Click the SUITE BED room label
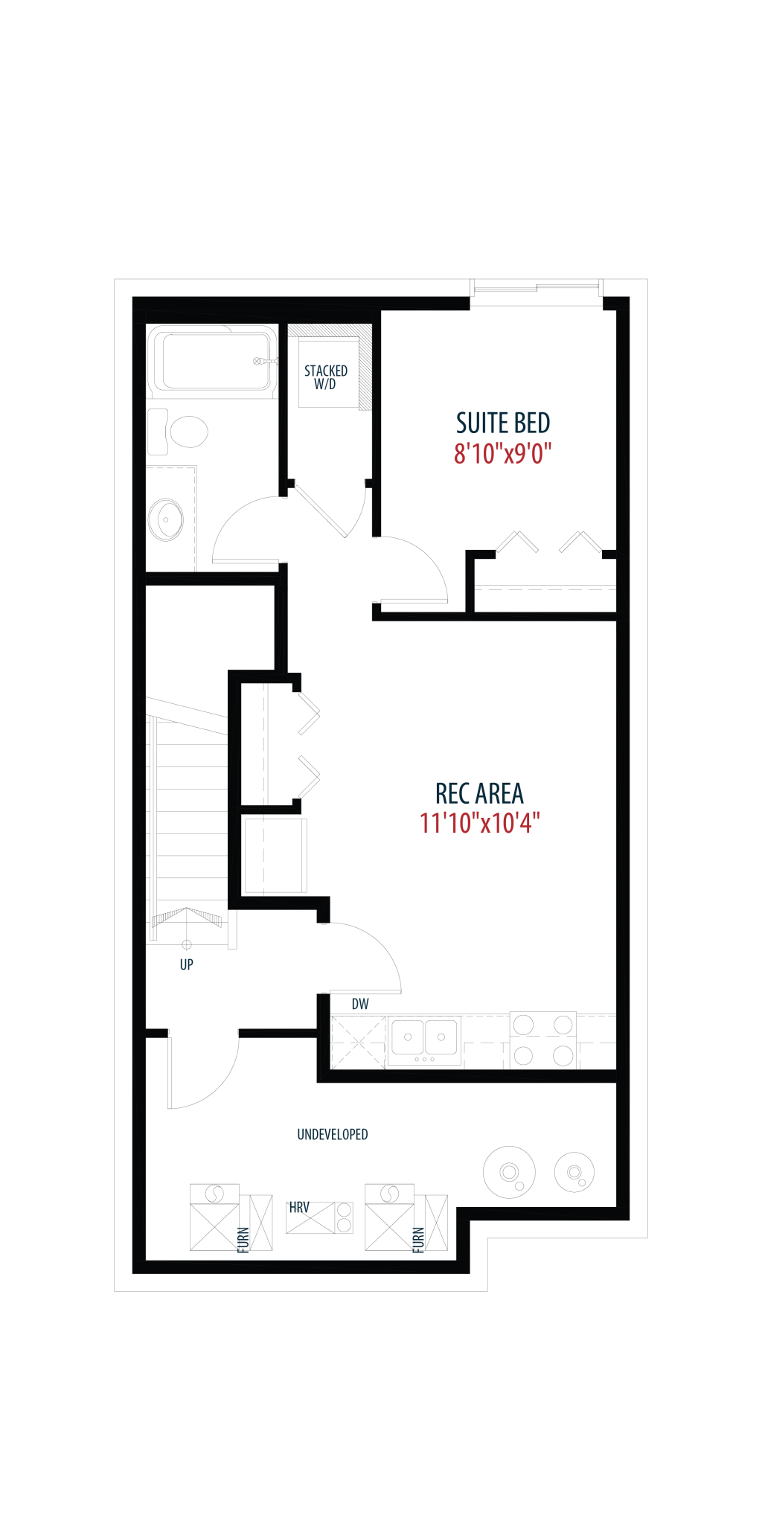tap(503, 423)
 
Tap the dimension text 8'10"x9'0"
tap(503, 452)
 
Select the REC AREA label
tap(479, 793)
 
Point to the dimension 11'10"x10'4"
tap(479, 823)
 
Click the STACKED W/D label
tap(326, 377)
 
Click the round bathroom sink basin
tap(166, 519)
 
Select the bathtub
tap(212, 361)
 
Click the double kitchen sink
tap(424, 1038)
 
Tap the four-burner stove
tap(543, 1040)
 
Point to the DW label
tap(360, 1004)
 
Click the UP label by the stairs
tap(187, 964)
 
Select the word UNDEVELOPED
tap(333, 1134)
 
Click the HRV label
tap(299, 1207)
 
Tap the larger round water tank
tap(509, 1172)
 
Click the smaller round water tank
tap(574, 1172)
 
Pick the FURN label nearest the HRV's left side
tap(243, 1240)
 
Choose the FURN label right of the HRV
tap(418, 1240)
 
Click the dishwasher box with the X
tap(358, 1042)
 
